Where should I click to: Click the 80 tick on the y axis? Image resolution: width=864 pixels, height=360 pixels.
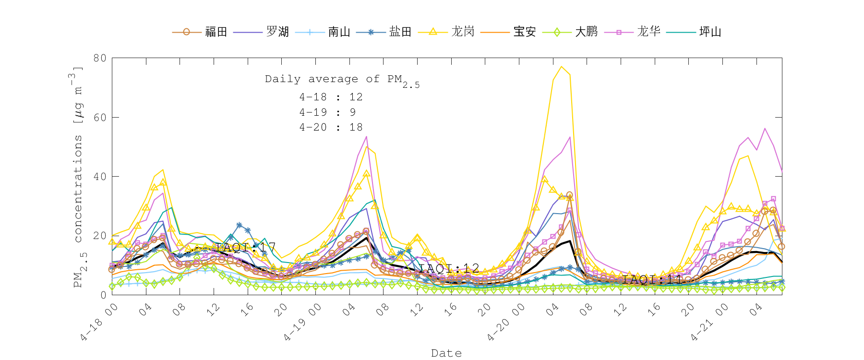(x=100, y=58)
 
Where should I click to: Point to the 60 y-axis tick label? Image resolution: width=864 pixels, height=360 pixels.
(x=100, y=117)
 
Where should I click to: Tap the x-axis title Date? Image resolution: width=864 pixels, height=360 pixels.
(x=446, y=353)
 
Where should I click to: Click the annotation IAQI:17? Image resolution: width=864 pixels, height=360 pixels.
(x=245, y=247)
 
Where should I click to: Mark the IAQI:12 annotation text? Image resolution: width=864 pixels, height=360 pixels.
(x=449, y=268)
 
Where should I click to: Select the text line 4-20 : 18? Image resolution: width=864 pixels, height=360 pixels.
(x=331, y=127)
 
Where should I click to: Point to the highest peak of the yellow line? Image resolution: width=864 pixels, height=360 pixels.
(x=561, y=67)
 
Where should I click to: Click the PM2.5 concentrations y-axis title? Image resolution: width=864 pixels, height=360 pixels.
(x=78, y=178)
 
